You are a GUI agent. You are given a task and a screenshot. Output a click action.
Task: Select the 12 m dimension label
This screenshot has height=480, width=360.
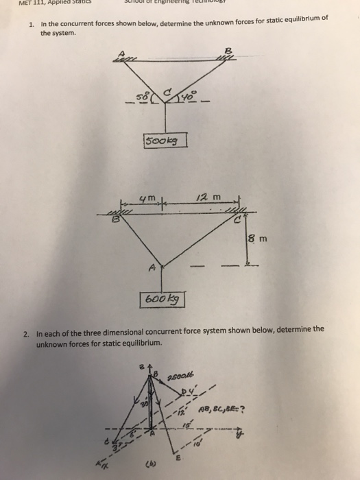coord(203,197)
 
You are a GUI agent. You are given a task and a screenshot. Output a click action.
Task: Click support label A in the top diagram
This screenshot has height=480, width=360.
coord(122,52)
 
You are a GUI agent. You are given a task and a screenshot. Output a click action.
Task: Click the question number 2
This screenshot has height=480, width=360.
coord(25,335)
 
